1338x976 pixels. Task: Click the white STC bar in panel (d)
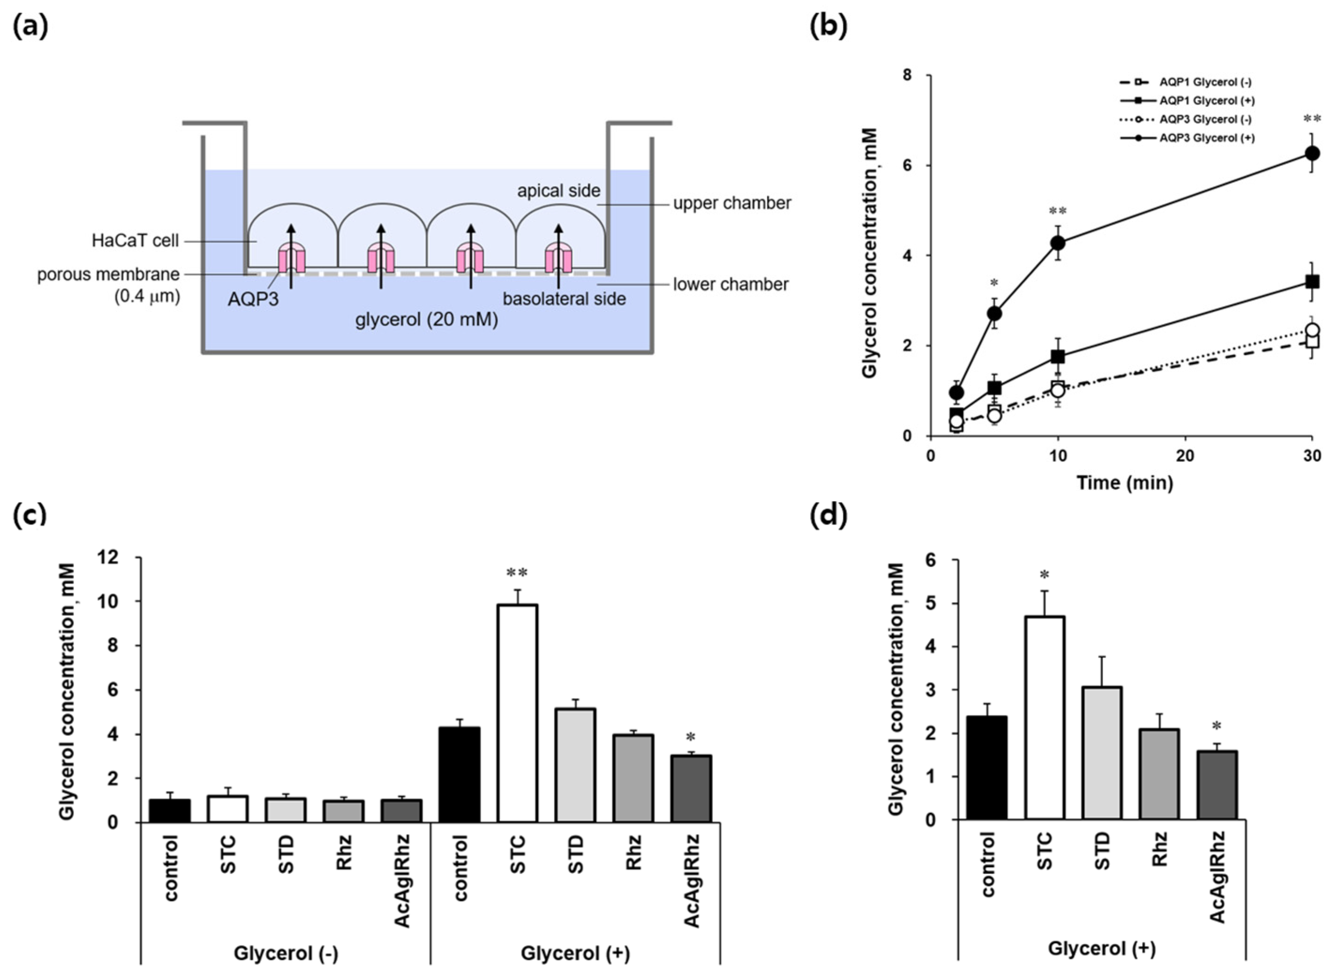(x=1044, y=718)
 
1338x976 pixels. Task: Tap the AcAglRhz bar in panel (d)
(x=1217, y=785)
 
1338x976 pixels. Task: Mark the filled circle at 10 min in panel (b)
(x=1058, y=242)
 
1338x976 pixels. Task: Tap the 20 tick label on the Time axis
(x=1185, y=456)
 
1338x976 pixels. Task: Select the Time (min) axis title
(x=1124, y=483)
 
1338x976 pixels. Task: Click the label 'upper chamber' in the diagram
(x=732, y=203)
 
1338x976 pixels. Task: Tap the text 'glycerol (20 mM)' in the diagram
(x=427, y=320)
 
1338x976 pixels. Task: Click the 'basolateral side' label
(x=564, y=299)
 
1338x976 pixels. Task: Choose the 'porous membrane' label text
(x=108, y=275)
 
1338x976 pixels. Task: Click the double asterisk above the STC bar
(x=517, y=572)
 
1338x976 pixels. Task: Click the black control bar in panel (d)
(x=987, y=767)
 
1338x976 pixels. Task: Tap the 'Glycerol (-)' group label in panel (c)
(x=286, y=953)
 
